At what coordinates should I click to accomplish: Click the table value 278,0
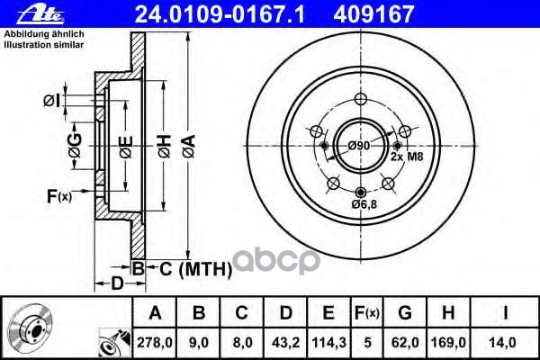click(x=154, y=341)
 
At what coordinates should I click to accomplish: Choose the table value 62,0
click(x=403, y=341)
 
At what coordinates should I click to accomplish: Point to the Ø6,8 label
click(x=363, y=204)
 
